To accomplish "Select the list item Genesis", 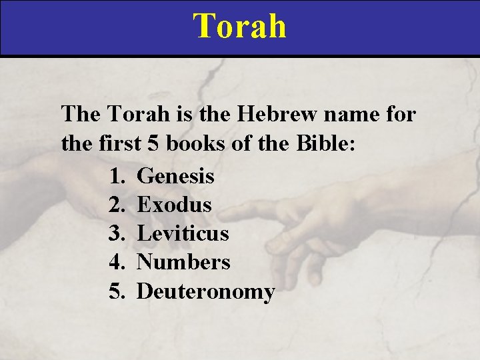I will click(175, 176).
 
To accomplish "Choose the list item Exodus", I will click(174, 205).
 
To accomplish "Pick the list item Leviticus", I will click(183, 233).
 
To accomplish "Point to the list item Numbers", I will click(183, 262).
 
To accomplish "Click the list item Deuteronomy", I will click(205, 291).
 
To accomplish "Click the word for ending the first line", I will click(401, 115).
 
